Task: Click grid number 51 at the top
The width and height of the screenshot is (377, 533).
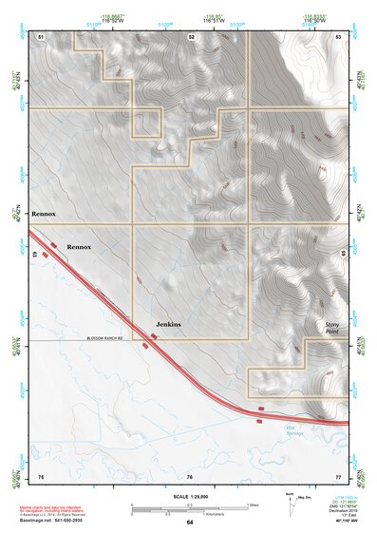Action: (x=42, y=35)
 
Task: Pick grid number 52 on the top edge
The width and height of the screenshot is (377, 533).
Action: (x=191, y=35)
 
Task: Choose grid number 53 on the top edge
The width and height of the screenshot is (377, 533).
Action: (x=338, y=35)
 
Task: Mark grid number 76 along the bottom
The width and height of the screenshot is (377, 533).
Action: (x=190, y=475)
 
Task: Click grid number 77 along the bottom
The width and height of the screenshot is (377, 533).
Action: (x=338, y=475)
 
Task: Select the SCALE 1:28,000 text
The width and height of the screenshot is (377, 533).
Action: (x=189, y=495)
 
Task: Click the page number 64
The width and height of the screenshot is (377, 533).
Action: (x=190, y=523)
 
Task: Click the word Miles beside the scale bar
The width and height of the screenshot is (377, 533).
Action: (x=252, y=504)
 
